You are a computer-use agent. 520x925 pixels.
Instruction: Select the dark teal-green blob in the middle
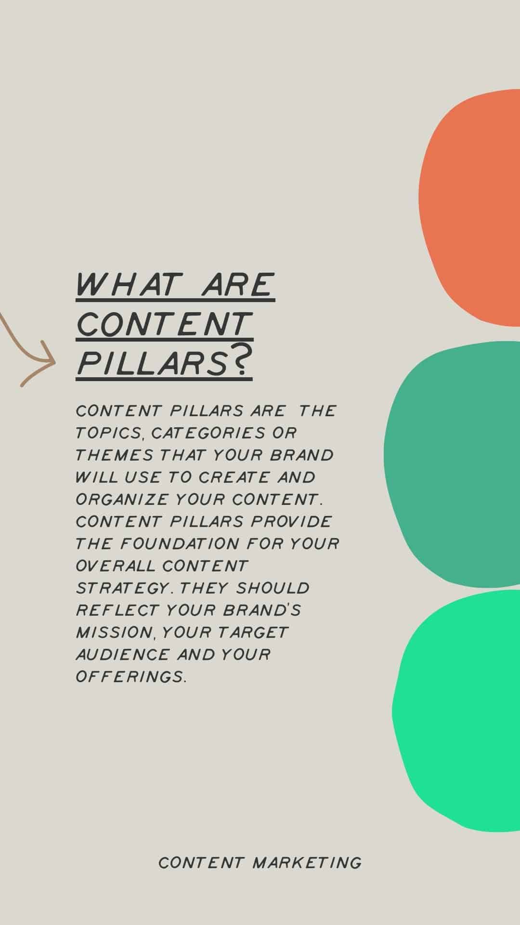point(457,465)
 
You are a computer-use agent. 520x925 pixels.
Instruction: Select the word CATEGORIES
point(208,433)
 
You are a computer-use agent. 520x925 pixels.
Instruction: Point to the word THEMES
point(115,455)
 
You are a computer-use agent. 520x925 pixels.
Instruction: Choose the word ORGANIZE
point(122,500)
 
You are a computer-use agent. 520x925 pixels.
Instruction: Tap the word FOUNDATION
point(180,544)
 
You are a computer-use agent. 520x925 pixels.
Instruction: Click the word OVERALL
point(116,566)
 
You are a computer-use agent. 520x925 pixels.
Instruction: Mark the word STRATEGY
point(123,588)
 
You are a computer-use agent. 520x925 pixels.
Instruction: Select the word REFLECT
point(117,610)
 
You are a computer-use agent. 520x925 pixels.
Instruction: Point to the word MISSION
point(115,633)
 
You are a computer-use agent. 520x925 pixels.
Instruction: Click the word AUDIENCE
point(123,655)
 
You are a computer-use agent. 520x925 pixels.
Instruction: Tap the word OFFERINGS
point(130,677)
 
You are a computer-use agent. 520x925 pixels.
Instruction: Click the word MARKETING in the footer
point(307,862)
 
